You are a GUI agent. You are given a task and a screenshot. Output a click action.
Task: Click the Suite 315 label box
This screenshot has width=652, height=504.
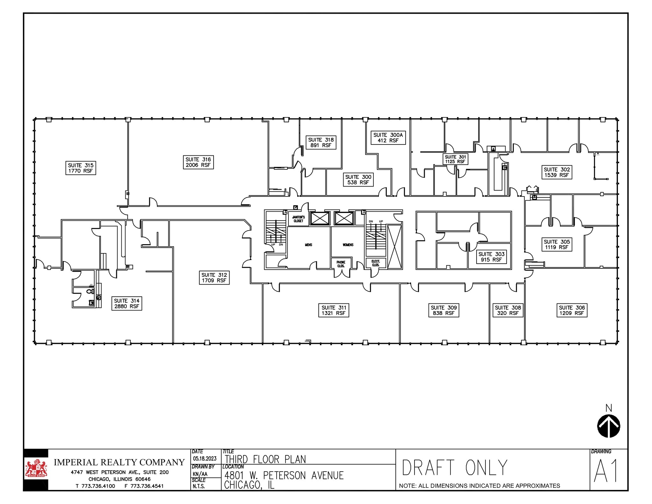pyautogui.click(x=81, y=168)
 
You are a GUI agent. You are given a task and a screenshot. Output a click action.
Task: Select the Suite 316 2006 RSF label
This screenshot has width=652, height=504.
pyautogui.click(x=198, y=162)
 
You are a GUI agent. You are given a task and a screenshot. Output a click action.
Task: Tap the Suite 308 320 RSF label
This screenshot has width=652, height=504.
pyautogui.click(x=508, y=310)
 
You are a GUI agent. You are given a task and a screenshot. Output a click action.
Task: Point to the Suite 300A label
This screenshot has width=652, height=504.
pyautogui.click(x=388, y=138)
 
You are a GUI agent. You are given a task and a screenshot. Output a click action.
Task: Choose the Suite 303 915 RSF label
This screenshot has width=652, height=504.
pyautogui.click(x=491, y=257)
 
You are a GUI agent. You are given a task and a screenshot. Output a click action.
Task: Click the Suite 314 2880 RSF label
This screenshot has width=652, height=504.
pyautogui.click(x=126, y=303)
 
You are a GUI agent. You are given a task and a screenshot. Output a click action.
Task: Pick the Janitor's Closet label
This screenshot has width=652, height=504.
pyautogui.click(x=298, y=219)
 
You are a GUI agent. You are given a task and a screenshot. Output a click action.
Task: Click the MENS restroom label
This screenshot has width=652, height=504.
pyautogui.click(x=308, y=245)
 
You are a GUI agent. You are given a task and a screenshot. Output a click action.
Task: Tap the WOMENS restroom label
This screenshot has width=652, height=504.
pyautogui.click(x=348, y=245)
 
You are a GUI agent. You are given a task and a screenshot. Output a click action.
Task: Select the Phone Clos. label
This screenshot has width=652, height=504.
pyautogui.click(x=341, y=264)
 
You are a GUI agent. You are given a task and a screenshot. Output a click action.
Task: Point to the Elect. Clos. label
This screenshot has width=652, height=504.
pyautogui.click(x=376, y=263)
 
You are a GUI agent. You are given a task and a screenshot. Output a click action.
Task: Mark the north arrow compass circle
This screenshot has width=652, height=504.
pyautogui.click(x=608, y=426)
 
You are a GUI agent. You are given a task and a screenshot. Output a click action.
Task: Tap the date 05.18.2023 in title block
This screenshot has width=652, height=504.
pyautogui.click(x=205, y=458)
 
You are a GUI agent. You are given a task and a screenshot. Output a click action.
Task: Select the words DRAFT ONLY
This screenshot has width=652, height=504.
pyautogui.click(x=455, y=468)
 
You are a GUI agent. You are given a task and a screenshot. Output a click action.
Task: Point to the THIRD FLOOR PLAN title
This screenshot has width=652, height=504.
pyautogui.click(x=265, y=459)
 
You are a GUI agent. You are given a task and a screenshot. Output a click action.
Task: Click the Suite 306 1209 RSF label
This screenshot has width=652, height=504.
pyautogui.click(x=572, y=310)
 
